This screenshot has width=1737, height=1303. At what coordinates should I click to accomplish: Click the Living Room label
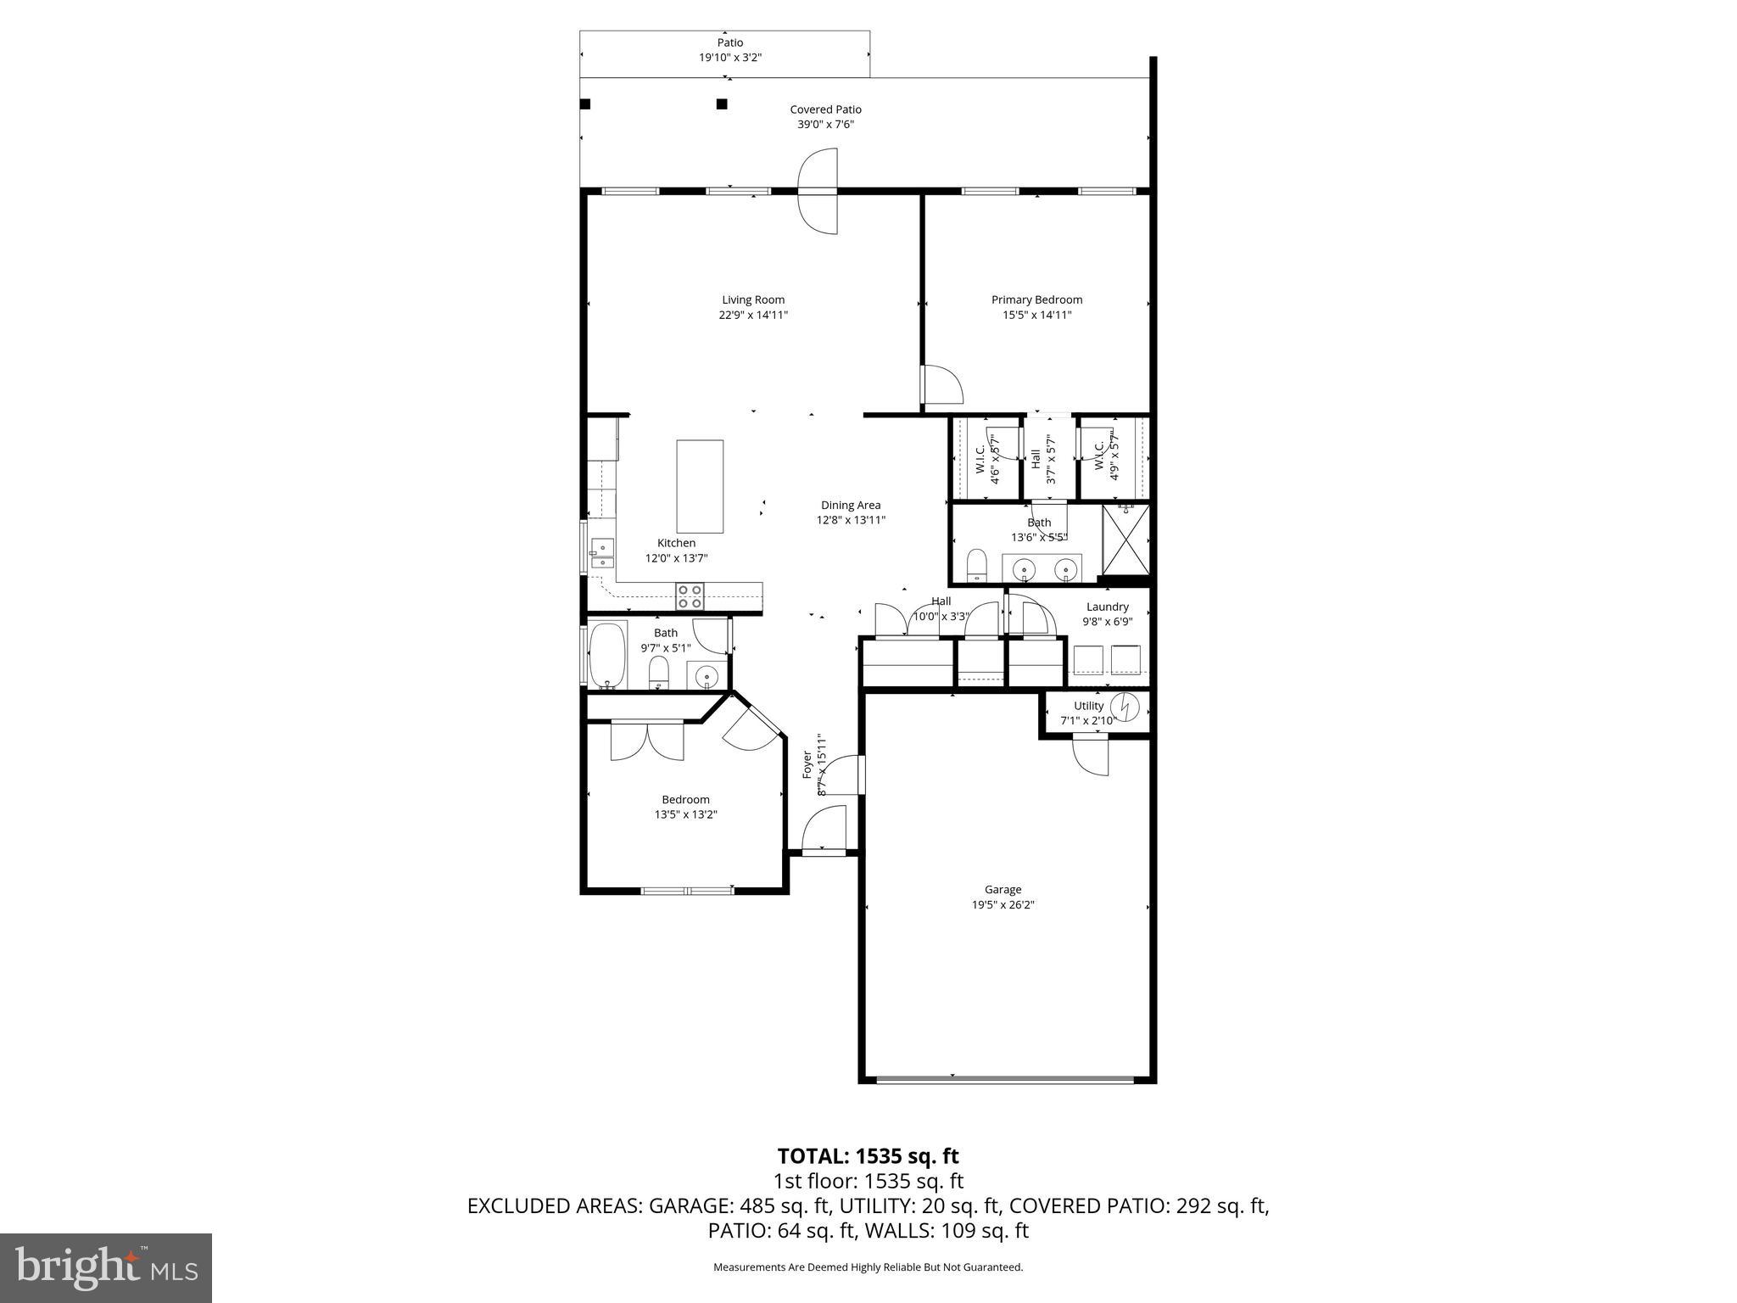[x=753, y=299]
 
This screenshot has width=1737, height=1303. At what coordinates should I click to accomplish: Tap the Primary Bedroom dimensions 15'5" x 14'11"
[x=1036, y=315]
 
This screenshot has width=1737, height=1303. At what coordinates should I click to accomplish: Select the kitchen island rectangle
[x=700, y=486]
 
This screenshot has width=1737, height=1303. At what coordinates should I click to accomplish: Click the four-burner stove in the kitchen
[x=689, y=596]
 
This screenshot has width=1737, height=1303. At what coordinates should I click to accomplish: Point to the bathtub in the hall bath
[x=607, y=657]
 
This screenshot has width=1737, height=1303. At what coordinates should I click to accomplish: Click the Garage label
[x=1003, y=889]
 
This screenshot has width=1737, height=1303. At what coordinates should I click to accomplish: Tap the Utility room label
[x=1088, y=706]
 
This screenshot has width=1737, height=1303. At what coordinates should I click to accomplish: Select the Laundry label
[x=1107, y=607]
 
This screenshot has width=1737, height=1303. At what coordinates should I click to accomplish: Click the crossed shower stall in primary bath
[x=1125, y=540]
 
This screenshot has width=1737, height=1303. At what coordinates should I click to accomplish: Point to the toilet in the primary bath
[x=977, y=564]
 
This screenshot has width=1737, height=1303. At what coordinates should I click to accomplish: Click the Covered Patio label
[x=825, y=109]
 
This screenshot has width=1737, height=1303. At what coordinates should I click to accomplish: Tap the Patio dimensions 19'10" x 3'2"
[x=729, y=58]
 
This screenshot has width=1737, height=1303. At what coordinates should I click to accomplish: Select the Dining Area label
[x=850, y=505]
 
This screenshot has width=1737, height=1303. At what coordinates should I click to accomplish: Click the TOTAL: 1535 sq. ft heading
[x=868, y=1155]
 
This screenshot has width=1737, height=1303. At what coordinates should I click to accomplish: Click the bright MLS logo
[x=106, y=1267]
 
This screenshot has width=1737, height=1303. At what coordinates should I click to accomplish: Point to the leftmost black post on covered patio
[x=584, y=104]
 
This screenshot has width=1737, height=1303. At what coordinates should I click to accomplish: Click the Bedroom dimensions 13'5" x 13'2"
[x=685, y=814]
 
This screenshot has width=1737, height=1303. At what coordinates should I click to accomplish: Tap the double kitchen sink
[x=602, y=554]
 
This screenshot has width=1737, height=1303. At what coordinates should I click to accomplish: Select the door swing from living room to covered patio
[x=818, y=191]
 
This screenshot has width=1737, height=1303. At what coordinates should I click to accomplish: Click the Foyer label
[x=807, y=763]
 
